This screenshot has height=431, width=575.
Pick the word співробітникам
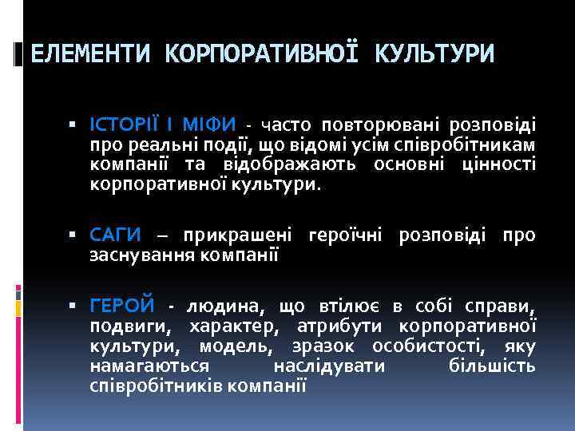point(470,144)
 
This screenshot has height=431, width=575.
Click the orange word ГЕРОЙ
point(122,306)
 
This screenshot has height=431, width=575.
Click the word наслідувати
point(329,366)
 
